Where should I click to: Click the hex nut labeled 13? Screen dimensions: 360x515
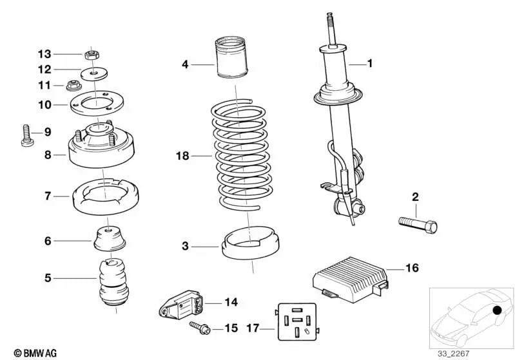92,55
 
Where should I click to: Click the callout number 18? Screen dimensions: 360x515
183,156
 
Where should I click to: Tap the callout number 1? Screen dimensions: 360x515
370,63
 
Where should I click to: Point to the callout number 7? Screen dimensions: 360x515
48,195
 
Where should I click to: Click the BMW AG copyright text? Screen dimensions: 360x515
31,353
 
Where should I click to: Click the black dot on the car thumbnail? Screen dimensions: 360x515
498,312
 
